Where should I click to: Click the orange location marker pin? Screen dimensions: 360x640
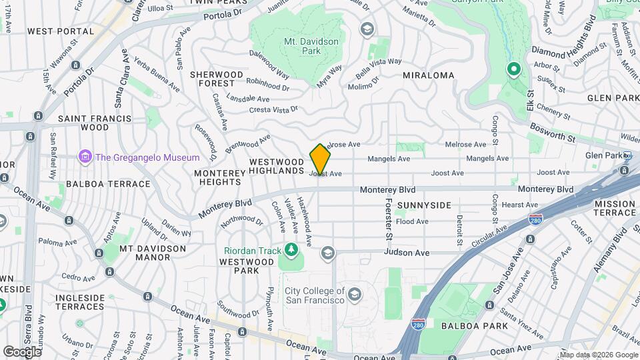(x=321, y=159)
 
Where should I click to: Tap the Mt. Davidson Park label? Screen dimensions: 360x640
(x=311, y=46)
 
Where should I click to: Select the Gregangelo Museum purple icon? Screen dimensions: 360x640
(x=85, y=157)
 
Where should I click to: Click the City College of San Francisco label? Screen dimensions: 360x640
(x=315, y=295)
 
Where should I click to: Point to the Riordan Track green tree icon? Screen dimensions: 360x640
(x=291, y=250)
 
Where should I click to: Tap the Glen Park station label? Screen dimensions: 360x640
(x=603, y=155)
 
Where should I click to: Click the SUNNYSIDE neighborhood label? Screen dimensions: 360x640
(x=424, y=205)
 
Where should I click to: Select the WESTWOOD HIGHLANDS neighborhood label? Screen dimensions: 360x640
(x=277, y=167)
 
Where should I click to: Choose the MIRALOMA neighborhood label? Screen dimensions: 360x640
(x=429, y=76)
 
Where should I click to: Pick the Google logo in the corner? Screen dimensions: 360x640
(x=22, y=351)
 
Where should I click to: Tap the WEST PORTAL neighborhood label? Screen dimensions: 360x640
(x=61, y=31)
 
